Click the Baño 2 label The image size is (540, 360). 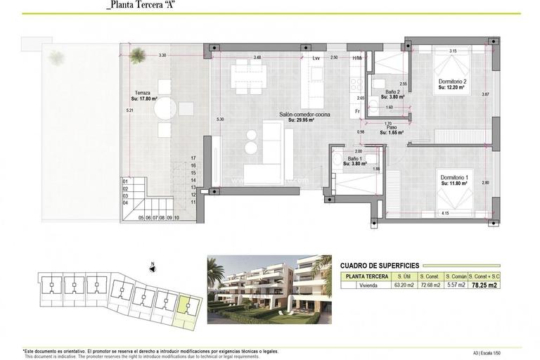(394, 92)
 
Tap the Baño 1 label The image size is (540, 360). (357, 160)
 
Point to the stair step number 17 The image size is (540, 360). (193, 158)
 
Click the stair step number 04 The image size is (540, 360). (126, 202)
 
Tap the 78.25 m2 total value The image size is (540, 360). (506, 285)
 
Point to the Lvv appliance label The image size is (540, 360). (316, 58)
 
